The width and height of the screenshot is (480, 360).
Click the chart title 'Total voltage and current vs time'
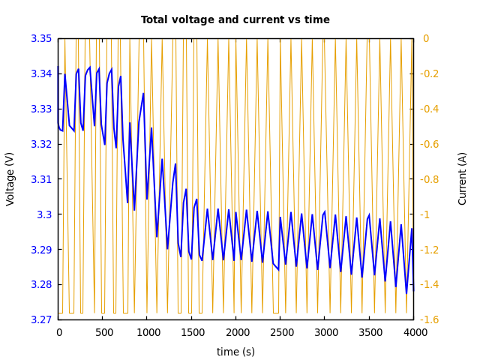pyautogui.click(x=235, y=20)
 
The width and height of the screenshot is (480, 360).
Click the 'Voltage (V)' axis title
pyautogui.click(x=10, y=178)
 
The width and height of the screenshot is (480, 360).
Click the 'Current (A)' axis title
pyautogui.click(x=463, y=178)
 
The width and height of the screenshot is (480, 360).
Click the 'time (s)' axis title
pyautogui.click(x=235, y=352)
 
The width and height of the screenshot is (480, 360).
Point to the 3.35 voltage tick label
pyautogui.click(x=41, y=38)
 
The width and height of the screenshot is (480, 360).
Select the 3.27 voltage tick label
pyautogui.click(x=41, y=319)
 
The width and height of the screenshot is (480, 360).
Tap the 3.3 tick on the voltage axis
pyautogui.click(x=46, y=214)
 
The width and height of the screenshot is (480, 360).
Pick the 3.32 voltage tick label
pyautogui.click(x=41, y=144)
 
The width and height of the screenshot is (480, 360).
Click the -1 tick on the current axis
pyautogui.click(x=426, y=214)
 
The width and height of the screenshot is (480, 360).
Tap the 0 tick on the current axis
pyautogui.click(x=425, y=38)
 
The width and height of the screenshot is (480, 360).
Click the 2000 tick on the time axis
pyautogui.click(x=235, y=332)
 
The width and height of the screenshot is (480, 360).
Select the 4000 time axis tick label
pyautogui.click(x=413, y=332)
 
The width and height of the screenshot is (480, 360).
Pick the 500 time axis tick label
pyautogui.click(x=103, y=332)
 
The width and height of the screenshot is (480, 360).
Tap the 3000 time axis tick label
pyautogui.click(x=325, y=332)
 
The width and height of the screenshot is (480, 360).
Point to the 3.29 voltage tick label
pyautogui.click(x=41, y=250)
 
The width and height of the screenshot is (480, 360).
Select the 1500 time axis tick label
pyautogui.click(x=191, y=332)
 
